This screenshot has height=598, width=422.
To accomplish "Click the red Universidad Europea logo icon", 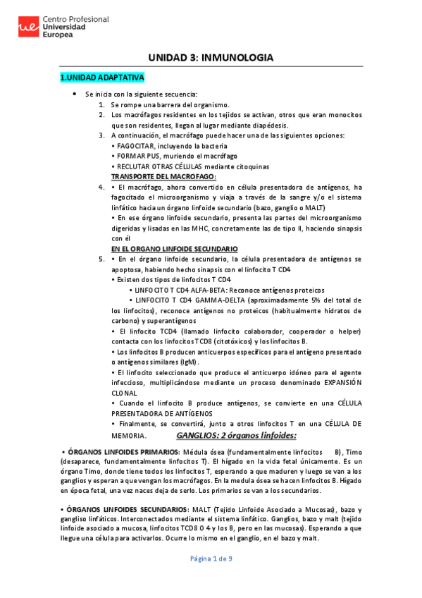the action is pyautogui.click(x=27, y=27).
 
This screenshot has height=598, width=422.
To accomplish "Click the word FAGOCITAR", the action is pyautogui.click(x=134, y=145).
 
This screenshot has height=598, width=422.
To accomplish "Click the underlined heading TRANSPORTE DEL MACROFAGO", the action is pyautogui.click(x=163, y=176).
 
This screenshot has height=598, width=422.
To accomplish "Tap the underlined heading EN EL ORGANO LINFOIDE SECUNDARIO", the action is pyautogui.click(x=175, y=249).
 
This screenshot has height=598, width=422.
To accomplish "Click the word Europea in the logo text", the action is pyautogui.click(x=58, y=34).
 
